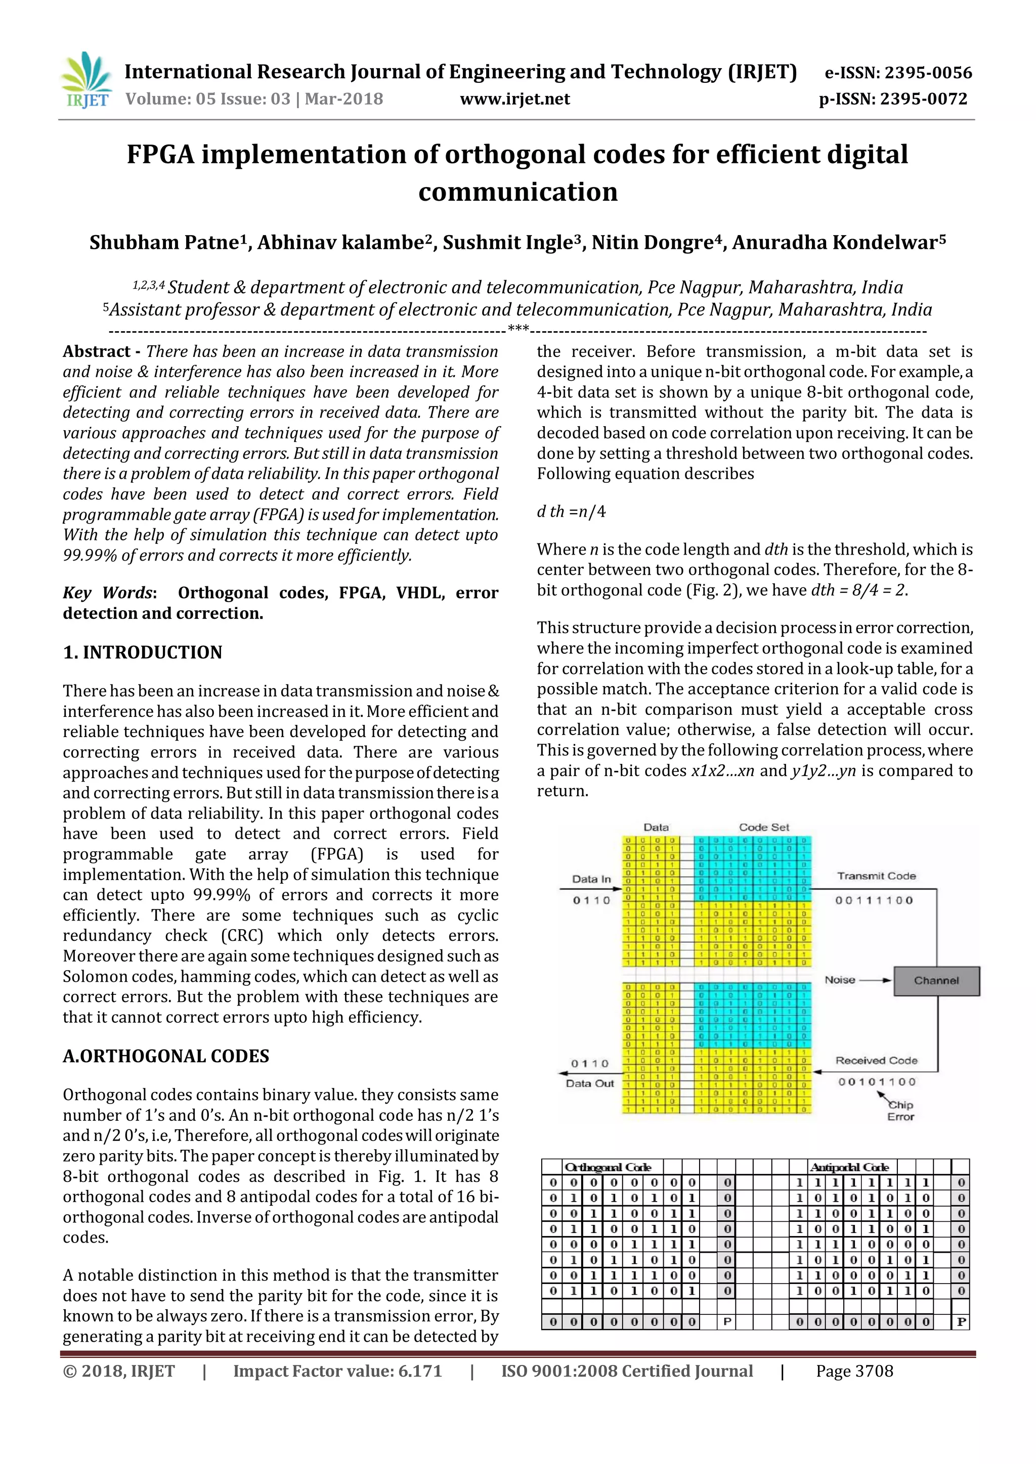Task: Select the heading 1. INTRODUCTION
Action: coord(142,652)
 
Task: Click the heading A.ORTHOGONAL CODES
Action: coord(166,1056)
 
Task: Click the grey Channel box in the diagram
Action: coord(936,981)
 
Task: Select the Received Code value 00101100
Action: coord(877,1082)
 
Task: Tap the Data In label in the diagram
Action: coord(591,879)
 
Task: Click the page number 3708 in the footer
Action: coord(854,1371)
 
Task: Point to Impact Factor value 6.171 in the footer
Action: coord(337,1371)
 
